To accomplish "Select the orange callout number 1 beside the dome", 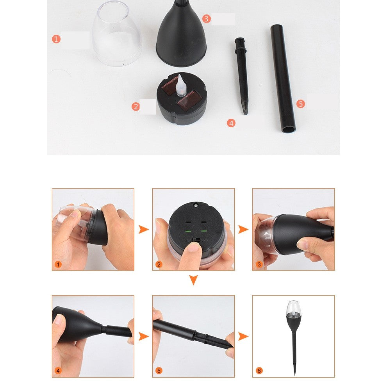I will pos(56,39).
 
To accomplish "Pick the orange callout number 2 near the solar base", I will pos(136,106).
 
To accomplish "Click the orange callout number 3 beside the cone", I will pos(207,18).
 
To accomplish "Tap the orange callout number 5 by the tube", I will pos(300,103).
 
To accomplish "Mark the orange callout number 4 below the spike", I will pos(231,123).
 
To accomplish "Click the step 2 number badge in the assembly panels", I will pos(159,264).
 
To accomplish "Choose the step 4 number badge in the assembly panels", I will pos(58,371).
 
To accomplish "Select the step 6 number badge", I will pos(259,371).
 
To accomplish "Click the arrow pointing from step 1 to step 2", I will pos(143,230).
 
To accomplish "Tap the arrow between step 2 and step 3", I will pos(243,230).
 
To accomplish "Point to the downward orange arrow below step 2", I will pos(193,280).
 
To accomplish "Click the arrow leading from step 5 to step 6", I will pos(243,336).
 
